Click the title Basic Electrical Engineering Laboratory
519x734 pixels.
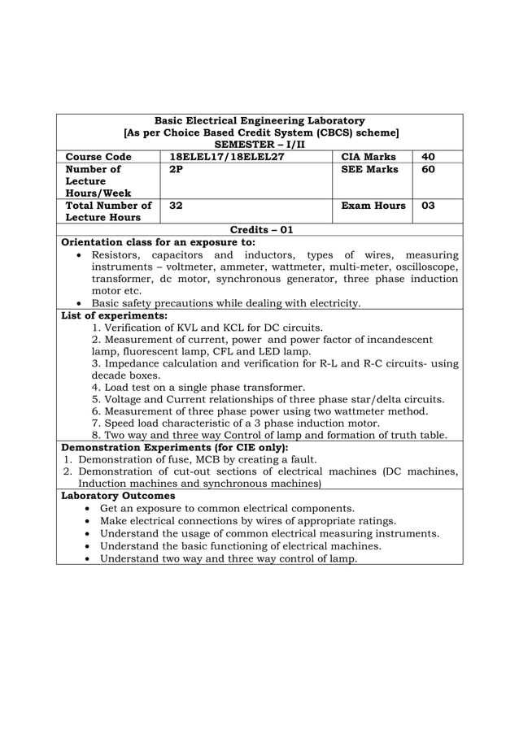[x=259, y=120]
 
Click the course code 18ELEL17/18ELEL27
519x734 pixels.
[x=225, y=156]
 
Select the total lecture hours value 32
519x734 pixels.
[x=176, y=206]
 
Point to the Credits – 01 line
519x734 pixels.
[x=259, y=230]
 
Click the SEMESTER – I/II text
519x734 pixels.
[x=259, y=144]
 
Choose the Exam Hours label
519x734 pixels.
[x=373, y=206]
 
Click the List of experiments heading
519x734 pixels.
[x=115, y=315]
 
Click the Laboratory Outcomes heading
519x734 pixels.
[x=119, y=494]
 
